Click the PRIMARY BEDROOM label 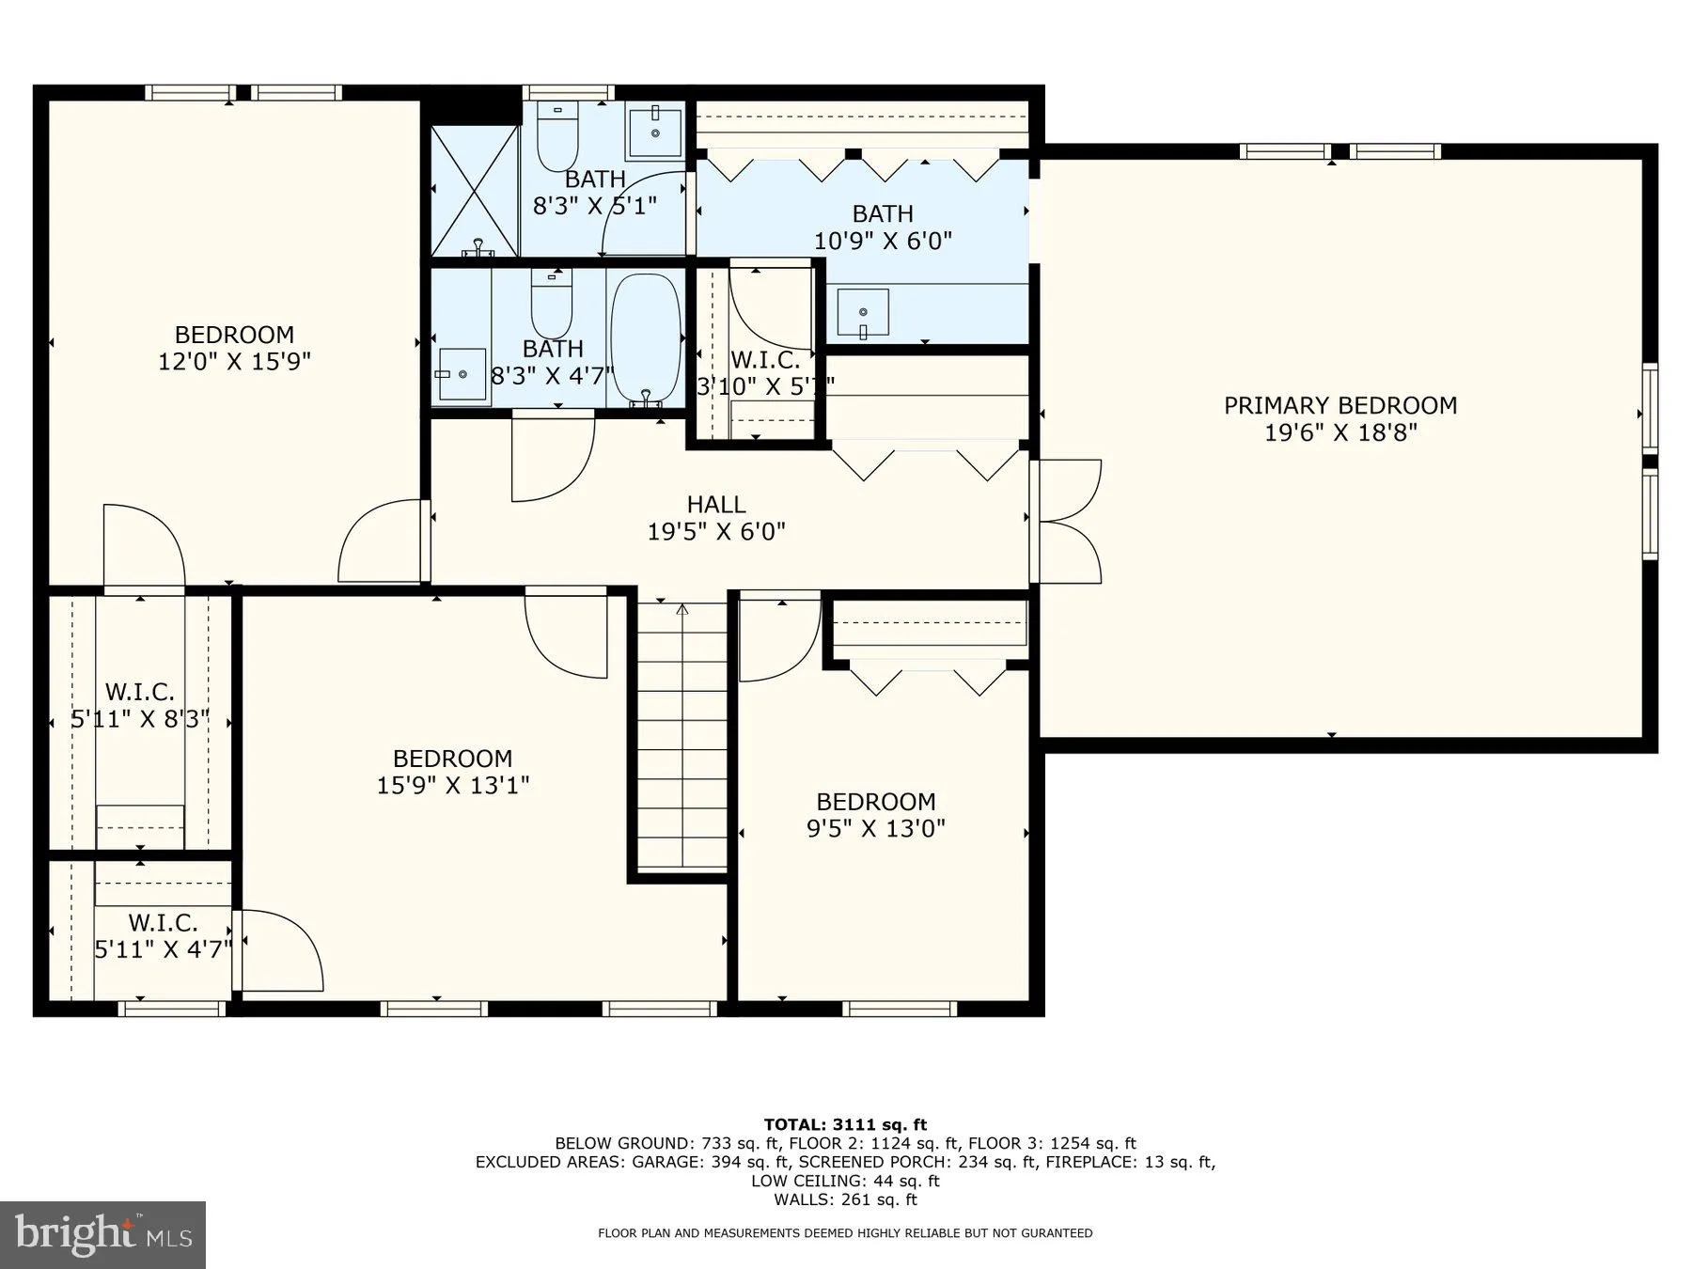click(1339, 405)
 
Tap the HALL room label click(716, 505)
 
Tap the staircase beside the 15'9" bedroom click(682, 733)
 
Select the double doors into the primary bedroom click(1067, 522)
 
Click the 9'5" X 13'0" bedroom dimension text click(875, 828)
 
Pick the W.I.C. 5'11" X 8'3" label click(139, 706)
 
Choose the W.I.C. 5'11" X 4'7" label click(163, 935)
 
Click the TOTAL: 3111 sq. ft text click(845, 1124)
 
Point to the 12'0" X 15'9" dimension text click(234, 361)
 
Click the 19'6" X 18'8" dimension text click(1339, 432)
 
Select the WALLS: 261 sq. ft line click(845, 1199)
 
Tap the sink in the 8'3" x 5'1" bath click(655, 131)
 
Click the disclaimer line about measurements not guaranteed click(845, 1233)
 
